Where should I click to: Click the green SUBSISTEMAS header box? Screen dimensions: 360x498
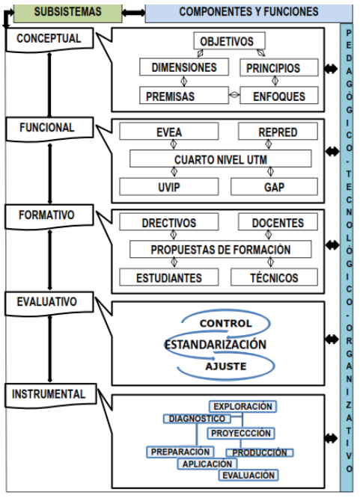(68, 13)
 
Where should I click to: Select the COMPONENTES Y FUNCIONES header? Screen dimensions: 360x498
(248, 13)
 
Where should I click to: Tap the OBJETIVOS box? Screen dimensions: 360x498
(229, 41)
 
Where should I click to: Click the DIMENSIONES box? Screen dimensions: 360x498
(184, 67)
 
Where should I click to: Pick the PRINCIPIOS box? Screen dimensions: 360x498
(279, 67)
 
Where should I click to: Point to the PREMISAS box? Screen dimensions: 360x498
(184, 95)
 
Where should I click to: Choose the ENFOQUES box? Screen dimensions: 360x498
(279, 95)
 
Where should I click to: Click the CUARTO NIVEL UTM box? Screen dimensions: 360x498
(220, 159)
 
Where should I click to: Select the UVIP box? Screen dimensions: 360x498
(169, 187)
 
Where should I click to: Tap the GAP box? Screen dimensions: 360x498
(274, 187)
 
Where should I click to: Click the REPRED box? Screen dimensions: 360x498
(278, 131)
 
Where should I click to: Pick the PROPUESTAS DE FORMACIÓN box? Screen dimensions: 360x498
(220, 249)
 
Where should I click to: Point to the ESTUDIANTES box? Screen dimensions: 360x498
(169, 277)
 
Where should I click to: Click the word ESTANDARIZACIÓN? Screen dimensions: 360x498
(216, 344)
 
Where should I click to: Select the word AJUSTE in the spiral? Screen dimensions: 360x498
(226, 366)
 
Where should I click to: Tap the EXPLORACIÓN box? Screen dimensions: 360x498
(242, 406)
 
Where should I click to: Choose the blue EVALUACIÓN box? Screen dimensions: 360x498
(248, 475)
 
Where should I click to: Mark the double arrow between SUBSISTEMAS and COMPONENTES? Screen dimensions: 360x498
(133, 13)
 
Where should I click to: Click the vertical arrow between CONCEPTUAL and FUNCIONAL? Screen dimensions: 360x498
(49, 84)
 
